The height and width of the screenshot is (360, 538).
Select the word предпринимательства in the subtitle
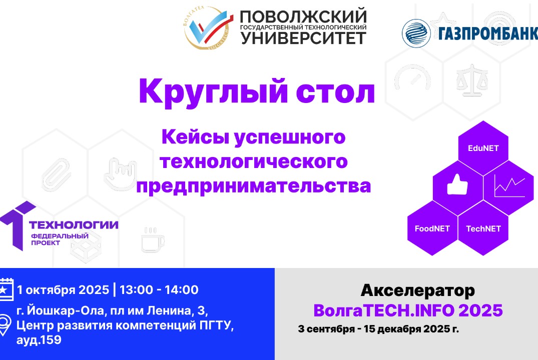(x=254, y=186)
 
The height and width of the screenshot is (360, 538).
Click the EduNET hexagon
(x=483, y=148)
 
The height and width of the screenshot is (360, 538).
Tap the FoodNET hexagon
(x=432, y=228)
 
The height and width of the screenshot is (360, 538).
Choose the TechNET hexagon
(x=483, y=228)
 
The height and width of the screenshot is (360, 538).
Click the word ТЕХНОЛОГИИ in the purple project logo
(x=74, y=225)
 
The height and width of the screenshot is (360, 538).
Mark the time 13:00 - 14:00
(x=159, y=289)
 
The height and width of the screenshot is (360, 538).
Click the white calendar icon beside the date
(x=5, y=289)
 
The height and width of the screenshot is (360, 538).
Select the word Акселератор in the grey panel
(x=417, y=290)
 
